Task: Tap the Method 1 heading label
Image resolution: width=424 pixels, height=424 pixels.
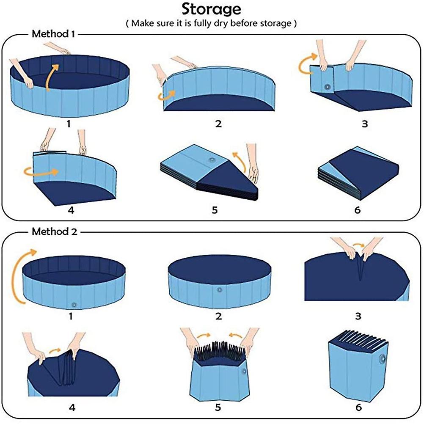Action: pos(53,34)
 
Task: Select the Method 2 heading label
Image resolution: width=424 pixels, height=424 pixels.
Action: pos(54,231)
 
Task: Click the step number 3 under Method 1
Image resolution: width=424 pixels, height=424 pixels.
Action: pos(365,124)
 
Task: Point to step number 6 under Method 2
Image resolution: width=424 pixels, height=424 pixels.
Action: pos(358,407)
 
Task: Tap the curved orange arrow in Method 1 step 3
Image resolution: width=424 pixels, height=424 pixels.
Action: pos(307,63)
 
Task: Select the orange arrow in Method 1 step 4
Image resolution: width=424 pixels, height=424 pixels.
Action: pos(41,172)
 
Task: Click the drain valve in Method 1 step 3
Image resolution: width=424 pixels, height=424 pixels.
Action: pos(328,87)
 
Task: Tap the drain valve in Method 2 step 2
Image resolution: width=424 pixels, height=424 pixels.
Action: pos(219,290)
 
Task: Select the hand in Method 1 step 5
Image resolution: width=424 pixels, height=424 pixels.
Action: pos(253,164)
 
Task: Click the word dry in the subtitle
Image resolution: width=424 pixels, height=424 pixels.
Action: pos(221,24)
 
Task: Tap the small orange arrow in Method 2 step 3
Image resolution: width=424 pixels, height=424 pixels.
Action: pos(359,245)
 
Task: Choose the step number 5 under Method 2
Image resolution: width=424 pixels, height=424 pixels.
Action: pos(218,407)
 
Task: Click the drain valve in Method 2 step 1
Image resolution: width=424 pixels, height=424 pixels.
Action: pos(74,305)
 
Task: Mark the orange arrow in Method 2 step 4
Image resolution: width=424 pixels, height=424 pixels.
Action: pos(55,351)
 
